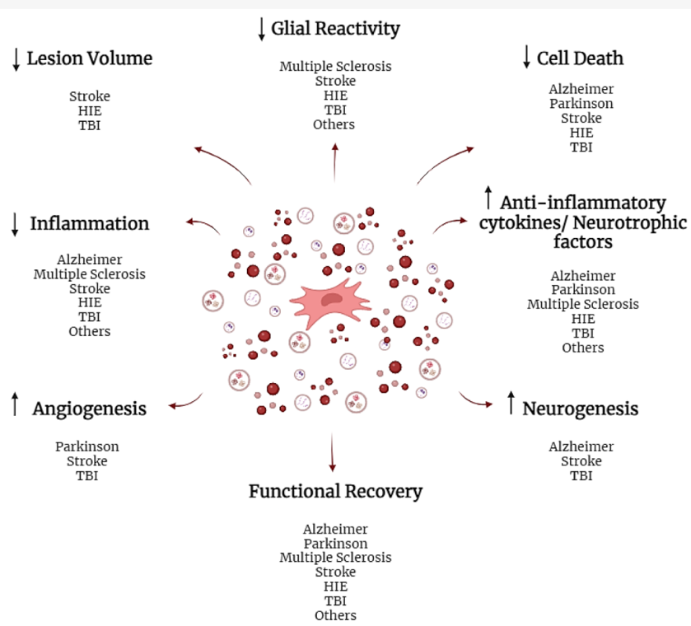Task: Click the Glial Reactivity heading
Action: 335,29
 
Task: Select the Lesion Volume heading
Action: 90,58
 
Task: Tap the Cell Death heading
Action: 580,58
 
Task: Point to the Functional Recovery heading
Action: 335,492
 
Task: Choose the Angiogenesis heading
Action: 90,409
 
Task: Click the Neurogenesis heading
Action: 581,409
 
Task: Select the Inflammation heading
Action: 90,223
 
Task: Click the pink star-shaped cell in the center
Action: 329,302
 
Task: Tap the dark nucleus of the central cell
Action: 331,299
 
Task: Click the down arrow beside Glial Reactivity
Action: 261,29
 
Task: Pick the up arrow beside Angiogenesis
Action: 15,404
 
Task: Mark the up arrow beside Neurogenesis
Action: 511,403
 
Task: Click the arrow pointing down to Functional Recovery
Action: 332,452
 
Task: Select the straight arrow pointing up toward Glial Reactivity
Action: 335,162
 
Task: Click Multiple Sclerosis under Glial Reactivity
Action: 335,66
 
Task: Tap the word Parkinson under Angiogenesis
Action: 86,446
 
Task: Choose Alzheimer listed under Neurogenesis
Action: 581,446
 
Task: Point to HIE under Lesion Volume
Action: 90,110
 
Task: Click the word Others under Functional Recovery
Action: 335,615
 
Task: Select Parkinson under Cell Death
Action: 581,104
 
